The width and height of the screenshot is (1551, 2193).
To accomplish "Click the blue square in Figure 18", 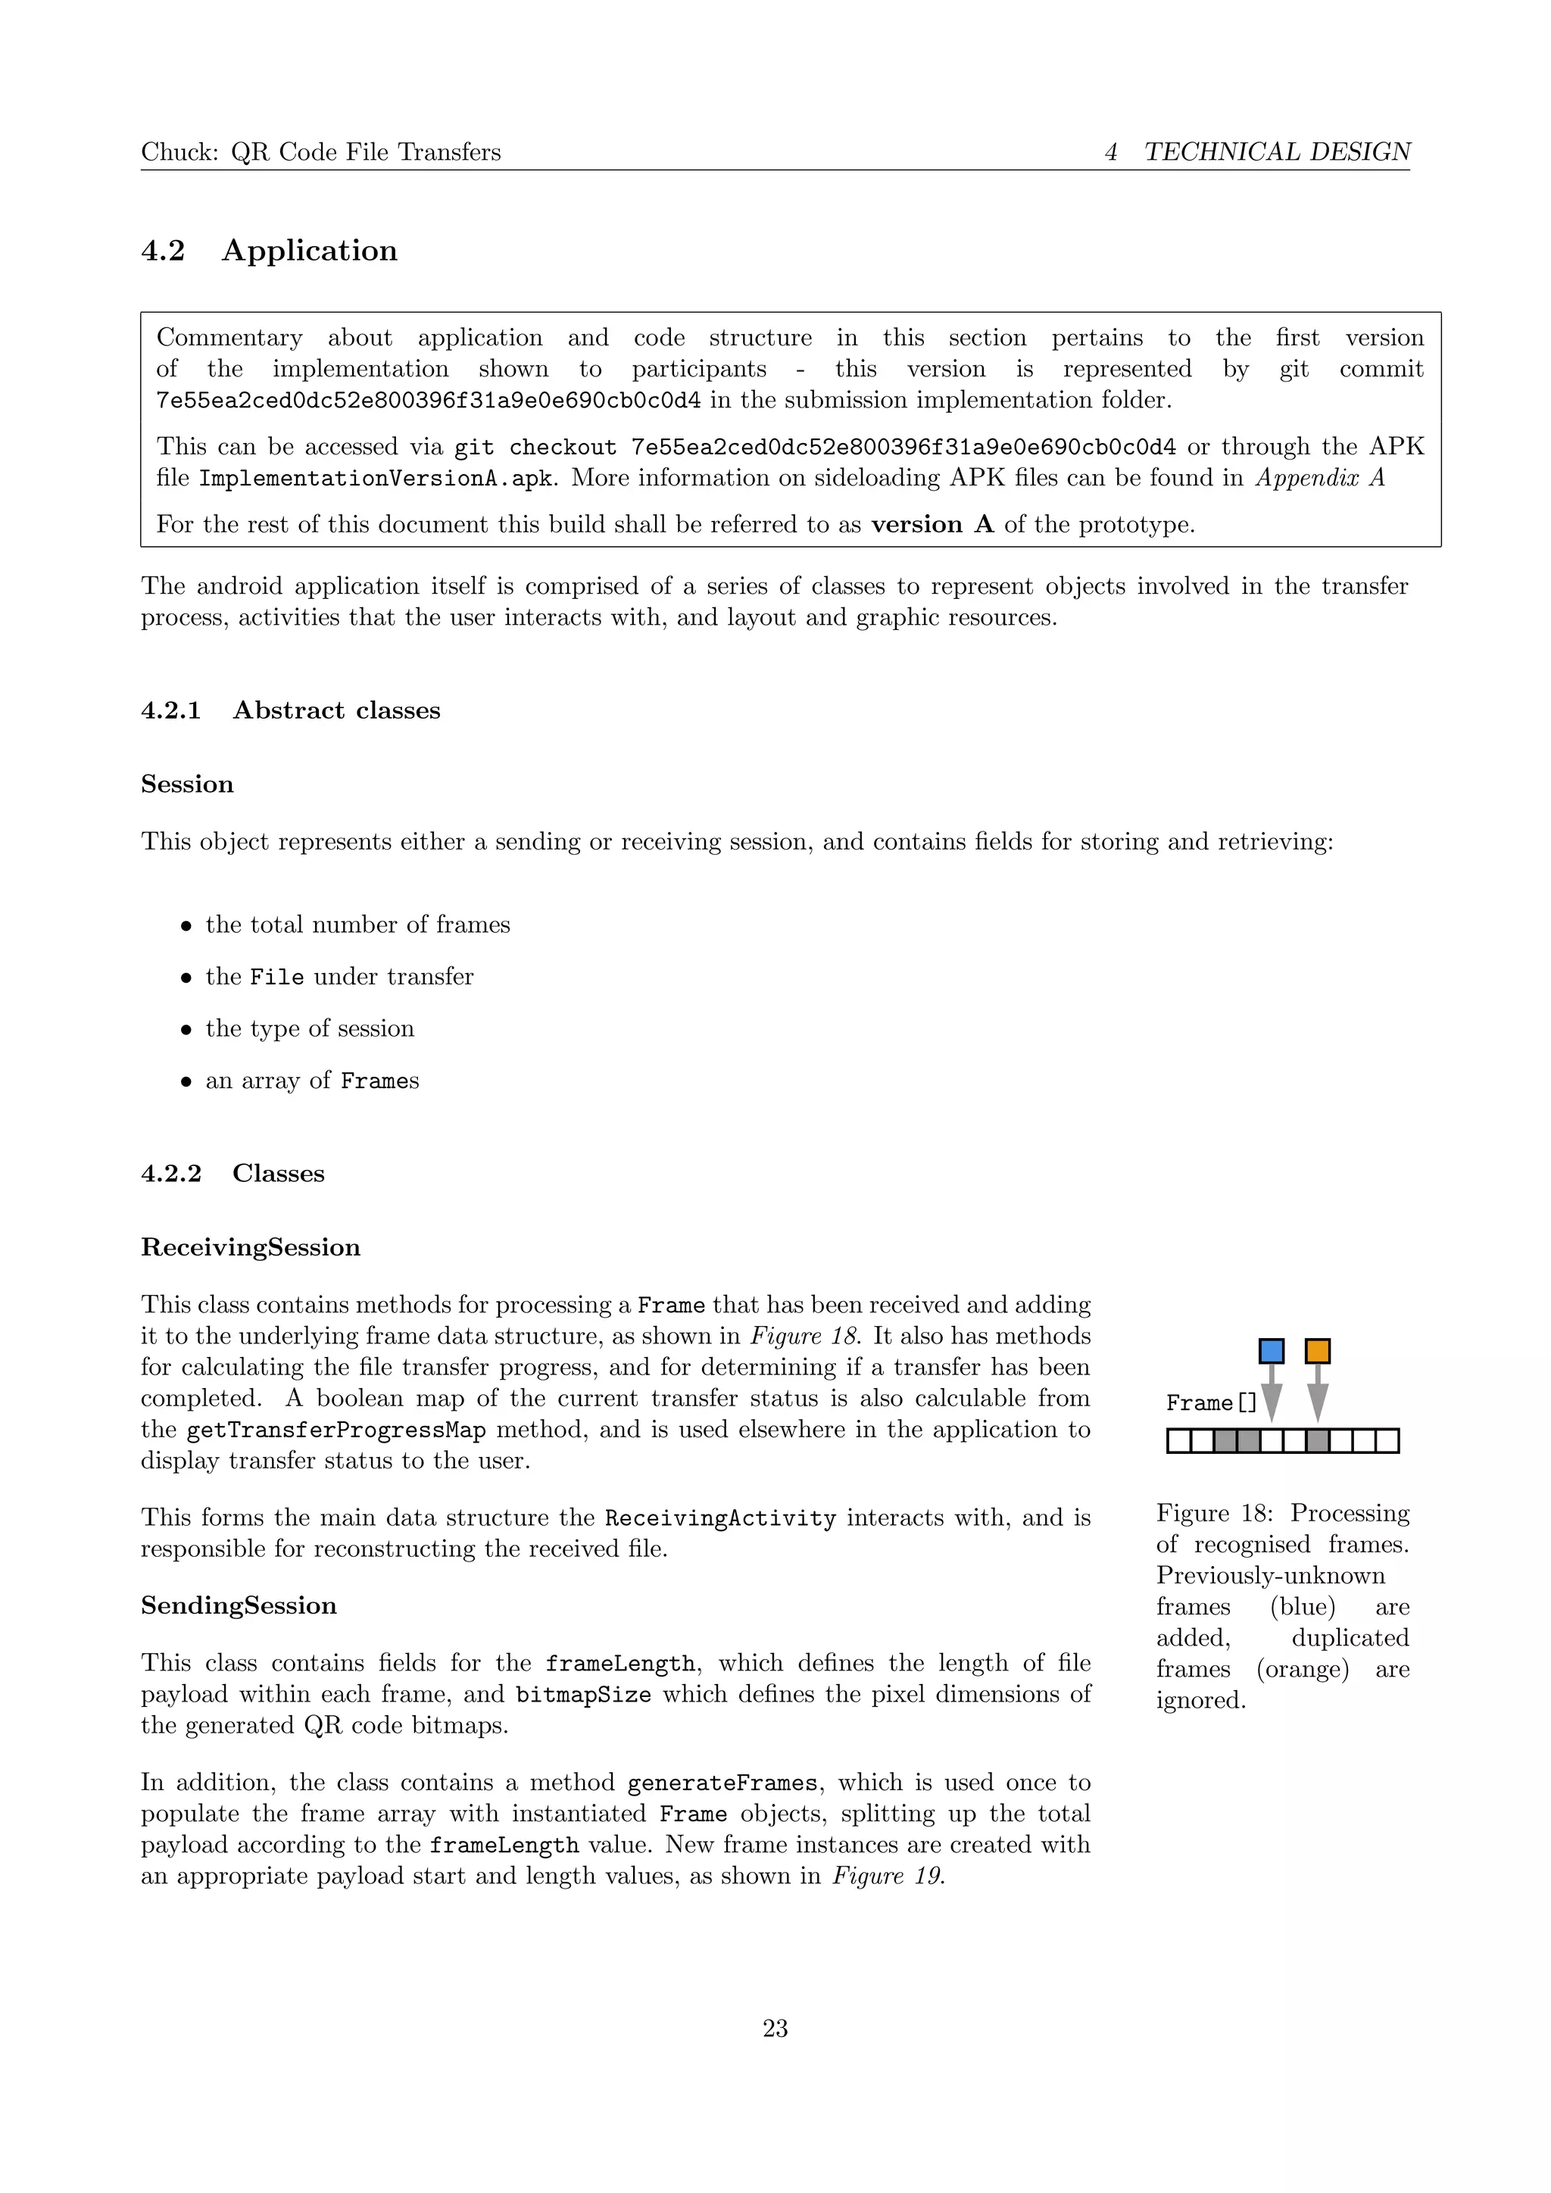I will tap(1272, 1351).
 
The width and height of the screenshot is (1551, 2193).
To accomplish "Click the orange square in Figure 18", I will tap(1317, 1351).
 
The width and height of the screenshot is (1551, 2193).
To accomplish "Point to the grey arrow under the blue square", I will tap(1272, 1395).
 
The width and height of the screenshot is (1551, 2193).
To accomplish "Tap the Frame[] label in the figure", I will tap(1211, 1403).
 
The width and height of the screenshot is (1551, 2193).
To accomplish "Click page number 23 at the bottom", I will tap(775, 2028).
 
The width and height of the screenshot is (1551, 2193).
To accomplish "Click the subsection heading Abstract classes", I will tap(336, 710).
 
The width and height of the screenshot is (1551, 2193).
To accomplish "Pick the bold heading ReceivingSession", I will tap(250, 1247).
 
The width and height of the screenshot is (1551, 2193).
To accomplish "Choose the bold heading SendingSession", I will tap(239, 1605).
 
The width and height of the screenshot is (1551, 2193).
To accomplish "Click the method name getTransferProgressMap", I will tap(336, 1430).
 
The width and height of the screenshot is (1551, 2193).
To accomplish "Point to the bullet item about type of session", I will tap(310, 1028).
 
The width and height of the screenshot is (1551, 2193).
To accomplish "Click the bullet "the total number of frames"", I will tap(357, 925).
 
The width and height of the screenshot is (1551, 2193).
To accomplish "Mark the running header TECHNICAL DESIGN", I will tap(1277, 152).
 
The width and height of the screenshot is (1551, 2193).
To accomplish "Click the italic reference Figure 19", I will tap(888, 1876).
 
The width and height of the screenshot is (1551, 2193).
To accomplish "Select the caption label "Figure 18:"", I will tap(1214, 1513).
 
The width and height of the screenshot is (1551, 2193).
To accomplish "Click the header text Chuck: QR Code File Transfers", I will tap(321, 152).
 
